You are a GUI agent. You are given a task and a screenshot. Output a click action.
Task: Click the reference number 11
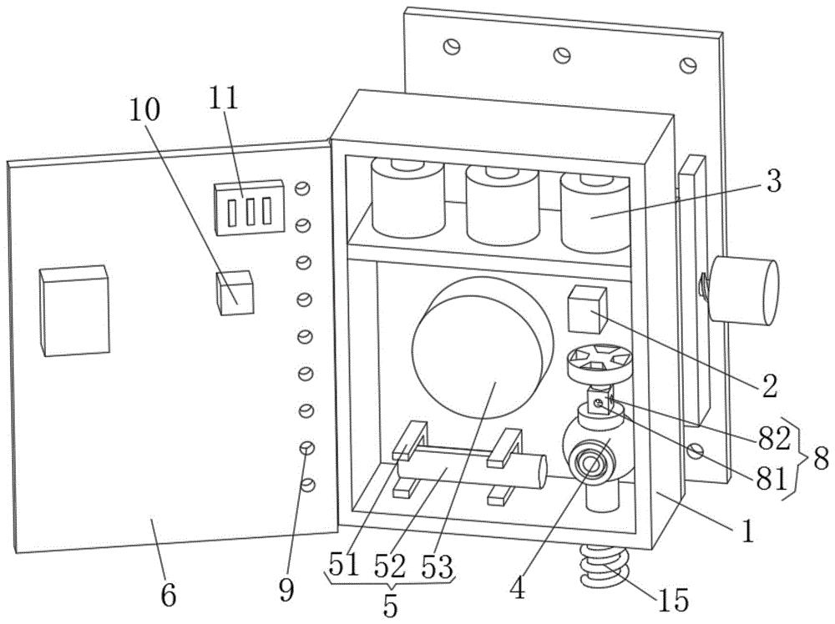click(x=224, y=98)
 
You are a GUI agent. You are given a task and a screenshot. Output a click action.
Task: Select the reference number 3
click(x=773, y=181)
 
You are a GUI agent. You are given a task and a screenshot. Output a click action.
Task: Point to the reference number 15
click(x=674, y=600)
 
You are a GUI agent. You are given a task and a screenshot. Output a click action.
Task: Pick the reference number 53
click(x=437, y=566)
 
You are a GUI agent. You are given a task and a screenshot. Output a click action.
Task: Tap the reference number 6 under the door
click(x=169, y=596)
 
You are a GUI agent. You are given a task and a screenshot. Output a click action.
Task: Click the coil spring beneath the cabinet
click(x=605, y=565)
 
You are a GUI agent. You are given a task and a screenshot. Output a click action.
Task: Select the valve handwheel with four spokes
click(x=599, y=365)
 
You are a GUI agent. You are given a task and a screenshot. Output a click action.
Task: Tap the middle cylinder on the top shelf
click(x=502, y=204)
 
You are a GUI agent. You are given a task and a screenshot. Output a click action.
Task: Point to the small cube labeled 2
click(x=587, y=309)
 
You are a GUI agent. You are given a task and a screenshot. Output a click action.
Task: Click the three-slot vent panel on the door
click(x=248, y=208)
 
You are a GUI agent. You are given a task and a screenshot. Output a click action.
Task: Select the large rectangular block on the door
click(x=74, y=310)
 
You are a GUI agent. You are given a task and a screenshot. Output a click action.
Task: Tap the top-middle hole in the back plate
click(x=562, y=54)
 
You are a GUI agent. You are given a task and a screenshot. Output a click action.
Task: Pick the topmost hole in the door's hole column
click(x=302, y=188)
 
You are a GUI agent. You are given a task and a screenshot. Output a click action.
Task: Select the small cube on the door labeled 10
click(x=235, y=293)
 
